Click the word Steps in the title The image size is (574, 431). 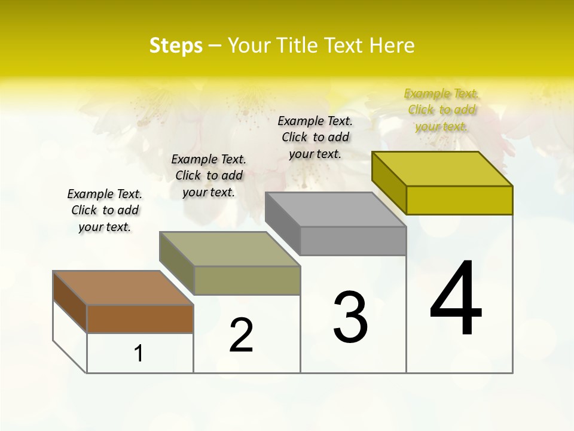[175, 45]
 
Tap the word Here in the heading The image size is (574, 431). [392, 45]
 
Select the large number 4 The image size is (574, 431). [456, 299]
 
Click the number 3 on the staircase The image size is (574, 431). [350, 317]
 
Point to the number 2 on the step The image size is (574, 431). [241, 335]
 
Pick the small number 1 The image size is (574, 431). [139, 354]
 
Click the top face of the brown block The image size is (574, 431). [123, 288]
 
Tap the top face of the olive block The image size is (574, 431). [230, 248]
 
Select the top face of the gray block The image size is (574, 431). [335, 210]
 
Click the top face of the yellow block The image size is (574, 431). [442, 169]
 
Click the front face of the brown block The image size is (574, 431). [140, 318]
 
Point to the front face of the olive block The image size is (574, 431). [247, 280]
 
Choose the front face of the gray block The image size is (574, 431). [353, 241]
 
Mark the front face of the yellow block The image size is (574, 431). [459, 200]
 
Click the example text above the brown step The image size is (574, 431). [105, 210]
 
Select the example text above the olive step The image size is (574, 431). [209, 175]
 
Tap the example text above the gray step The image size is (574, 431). [315, 137]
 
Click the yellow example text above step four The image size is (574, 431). [441, 110]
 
